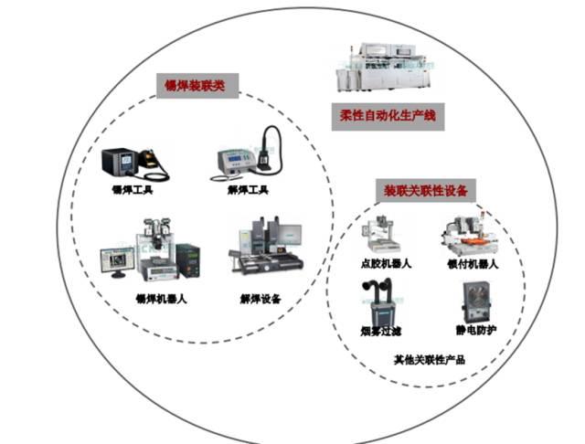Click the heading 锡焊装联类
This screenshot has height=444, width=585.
click(195, 88)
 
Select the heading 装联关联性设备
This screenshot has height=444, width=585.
click(425, 191)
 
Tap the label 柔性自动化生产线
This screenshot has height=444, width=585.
click(388, 115)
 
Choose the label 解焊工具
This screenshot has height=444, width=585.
click(249, 190)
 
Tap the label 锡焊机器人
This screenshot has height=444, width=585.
click(162, 298)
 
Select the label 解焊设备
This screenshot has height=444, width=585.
click(261, 298)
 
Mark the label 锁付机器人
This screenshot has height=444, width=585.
click(473, 265)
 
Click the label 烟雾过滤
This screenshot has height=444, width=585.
click(376, 329)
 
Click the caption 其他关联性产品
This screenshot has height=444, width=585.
click(429, 360)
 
